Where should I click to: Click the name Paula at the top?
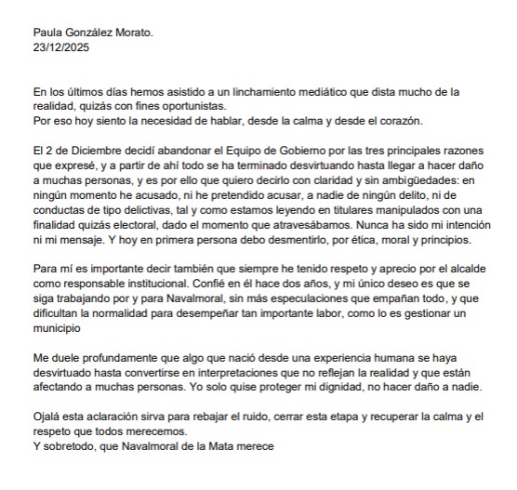[x=48, y=32]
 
